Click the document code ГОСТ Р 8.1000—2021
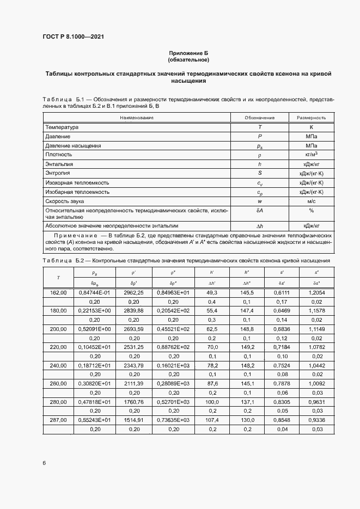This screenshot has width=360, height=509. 73,37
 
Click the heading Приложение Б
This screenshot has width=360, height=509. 188,53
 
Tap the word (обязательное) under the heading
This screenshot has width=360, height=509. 188,59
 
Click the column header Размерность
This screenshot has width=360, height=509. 312,117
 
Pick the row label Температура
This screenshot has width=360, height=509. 62,126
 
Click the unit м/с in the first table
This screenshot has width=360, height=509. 312,201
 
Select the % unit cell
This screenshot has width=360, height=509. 312,211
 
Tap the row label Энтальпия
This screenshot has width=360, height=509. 59,163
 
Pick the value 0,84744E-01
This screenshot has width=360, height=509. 95,293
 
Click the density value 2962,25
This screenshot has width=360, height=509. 133,293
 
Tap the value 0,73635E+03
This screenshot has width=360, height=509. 173,421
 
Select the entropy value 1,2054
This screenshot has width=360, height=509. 316,293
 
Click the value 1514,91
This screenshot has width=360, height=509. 133,421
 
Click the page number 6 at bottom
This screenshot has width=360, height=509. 44,463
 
